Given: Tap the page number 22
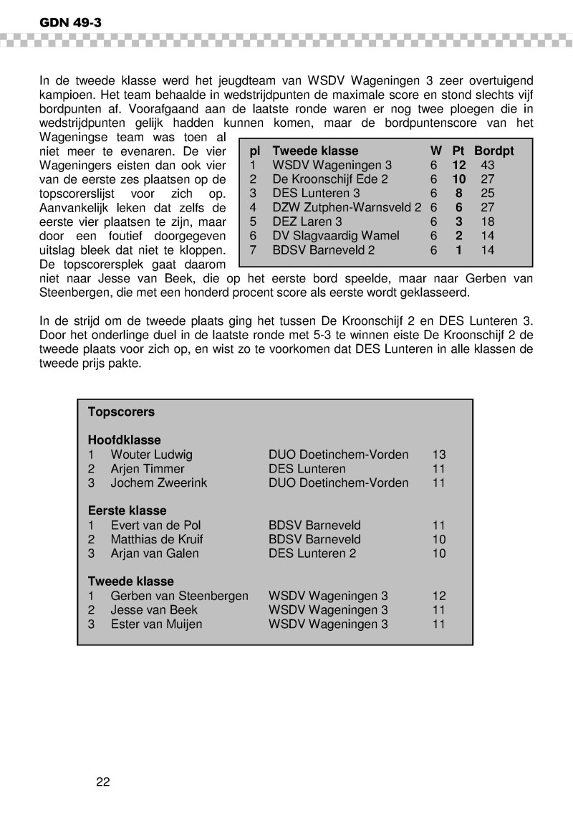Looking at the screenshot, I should (103, 781).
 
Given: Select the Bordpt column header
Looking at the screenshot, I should (493, 151).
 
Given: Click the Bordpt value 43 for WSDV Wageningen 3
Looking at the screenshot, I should (488, 165).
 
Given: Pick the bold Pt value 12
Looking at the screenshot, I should (458, 165).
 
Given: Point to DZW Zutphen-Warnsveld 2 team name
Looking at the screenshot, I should (347, 207).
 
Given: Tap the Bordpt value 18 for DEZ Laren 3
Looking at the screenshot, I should (487, 222).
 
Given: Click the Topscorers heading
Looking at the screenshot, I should (121, 412).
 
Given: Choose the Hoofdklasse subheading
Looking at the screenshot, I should (125, 440).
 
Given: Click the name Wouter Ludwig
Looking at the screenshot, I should (151, 455).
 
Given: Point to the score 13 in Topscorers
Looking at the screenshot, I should (439, 455).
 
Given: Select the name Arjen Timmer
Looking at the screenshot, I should (148, 469).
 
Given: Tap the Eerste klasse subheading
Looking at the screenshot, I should (127, 511).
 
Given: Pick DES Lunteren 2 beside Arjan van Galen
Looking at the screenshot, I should (312, 553).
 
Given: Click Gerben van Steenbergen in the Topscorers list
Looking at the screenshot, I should (179, 596).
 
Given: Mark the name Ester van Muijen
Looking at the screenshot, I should (156, 624).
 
